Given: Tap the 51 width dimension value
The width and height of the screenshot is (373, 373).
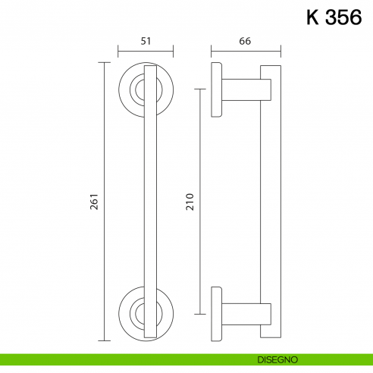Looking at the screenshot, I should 146,42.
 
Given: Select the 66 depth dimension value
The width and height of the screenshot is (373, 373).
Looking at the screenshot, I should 245,42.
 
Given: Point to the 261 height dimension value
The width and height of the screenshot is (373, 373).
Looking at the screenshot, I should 96,202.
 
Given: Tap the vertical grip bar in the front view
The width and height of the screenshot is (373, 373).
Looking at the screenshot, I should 149,202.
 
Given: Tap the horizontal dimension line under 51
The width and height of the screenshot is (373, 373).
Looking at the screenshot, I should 146,53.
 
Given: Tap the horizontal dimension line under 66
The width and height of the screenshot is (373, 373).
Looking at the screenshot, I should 245,53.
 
